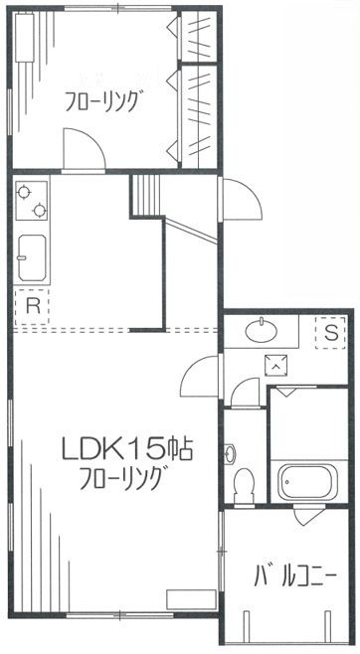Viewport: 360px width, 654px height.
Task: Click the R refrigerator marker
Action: click(x=32, y=305)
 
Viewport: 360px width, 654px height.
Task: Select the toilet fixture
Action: click(x=243, y=485)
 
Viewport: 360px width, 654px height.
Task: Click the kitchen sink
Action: click(x=33, y=257)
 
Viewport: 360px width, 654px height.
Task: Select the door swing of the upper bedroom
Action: click(x=82, y=150)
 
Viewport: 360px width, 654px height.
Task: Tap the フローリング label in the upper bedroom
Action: click(x=104, y=101)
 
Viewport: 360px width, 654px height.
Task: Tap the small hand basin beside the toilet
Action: click(x=232, y=455)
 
